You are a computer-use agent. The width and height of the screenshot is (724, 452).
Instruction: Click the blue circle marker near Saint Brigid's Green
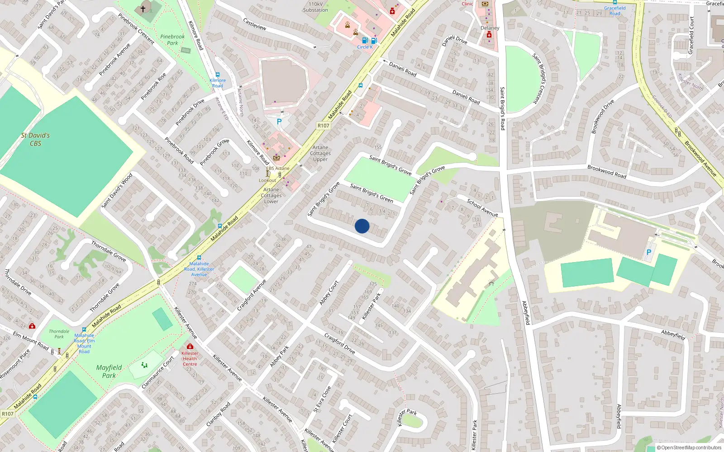[362, 226]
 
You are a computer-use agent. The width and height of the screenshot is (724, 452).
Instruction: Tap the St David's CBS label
[35, 139]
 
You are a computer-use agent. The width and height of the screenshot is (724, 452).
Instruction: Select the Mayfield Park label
[109, 371]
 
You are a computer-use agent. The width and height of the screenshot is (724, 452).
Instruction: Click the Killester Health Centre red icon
[190, 346]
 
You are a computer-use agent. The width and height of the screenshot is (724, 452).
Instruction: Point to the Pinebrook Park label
[172, 40]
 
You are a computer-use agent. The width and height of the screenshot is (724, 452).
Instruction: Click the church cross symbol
[143, 9]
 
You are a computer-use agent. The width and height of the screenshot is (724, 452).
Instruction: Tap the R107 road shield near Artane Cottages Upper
[323, 126]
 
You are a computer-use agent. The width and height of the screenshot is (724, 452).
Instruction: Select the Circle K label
[365, 47]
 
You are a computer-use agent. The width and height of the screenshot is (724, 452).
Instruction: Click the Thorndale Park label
[59, 334]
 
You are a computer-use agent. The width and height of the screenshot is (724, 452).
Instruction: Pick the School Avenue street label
[482, 207]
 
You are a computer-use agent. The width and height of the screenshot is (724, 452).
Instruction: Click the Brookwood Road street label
[607, 171]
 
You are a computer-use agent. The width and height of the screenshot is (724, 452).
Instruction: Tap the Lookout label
[267, 180]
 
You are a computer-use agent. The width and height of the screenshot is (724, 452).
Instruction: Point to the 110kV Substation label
[315, 7]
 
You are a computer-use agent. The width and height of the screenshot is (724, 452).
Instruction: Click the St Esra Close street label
[322, 399]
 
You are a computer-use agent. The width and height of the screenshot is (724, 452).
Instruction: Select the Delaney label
[490, 28]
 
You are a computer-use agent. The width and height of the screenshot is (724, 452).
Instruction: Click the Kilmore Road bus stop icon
[218, 75]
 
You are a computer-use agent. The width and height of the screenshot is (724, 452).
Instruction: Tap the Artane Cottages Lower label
[271, 196]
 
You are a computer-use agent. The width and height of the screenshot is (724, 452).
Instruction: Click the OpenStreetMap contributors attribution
[689, 447]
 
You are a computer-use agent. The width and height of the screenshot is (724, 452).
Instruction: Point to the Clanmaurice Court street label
[157, 372]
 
